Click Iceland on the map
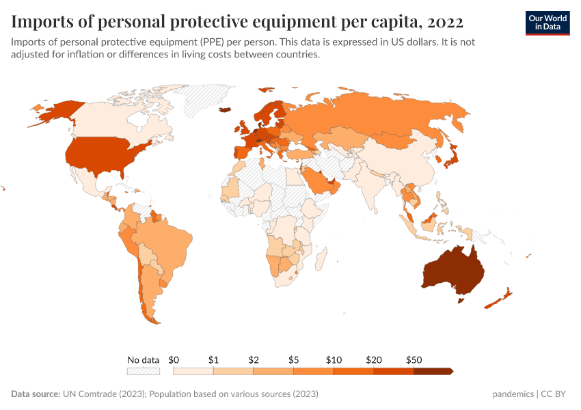225,109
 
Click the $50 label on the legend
414,359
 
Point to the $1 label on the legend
213,359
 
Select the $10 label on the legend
334,359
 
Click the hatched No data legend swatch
144,371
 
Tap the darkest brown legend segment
433,371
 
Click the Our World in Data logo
547,23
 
